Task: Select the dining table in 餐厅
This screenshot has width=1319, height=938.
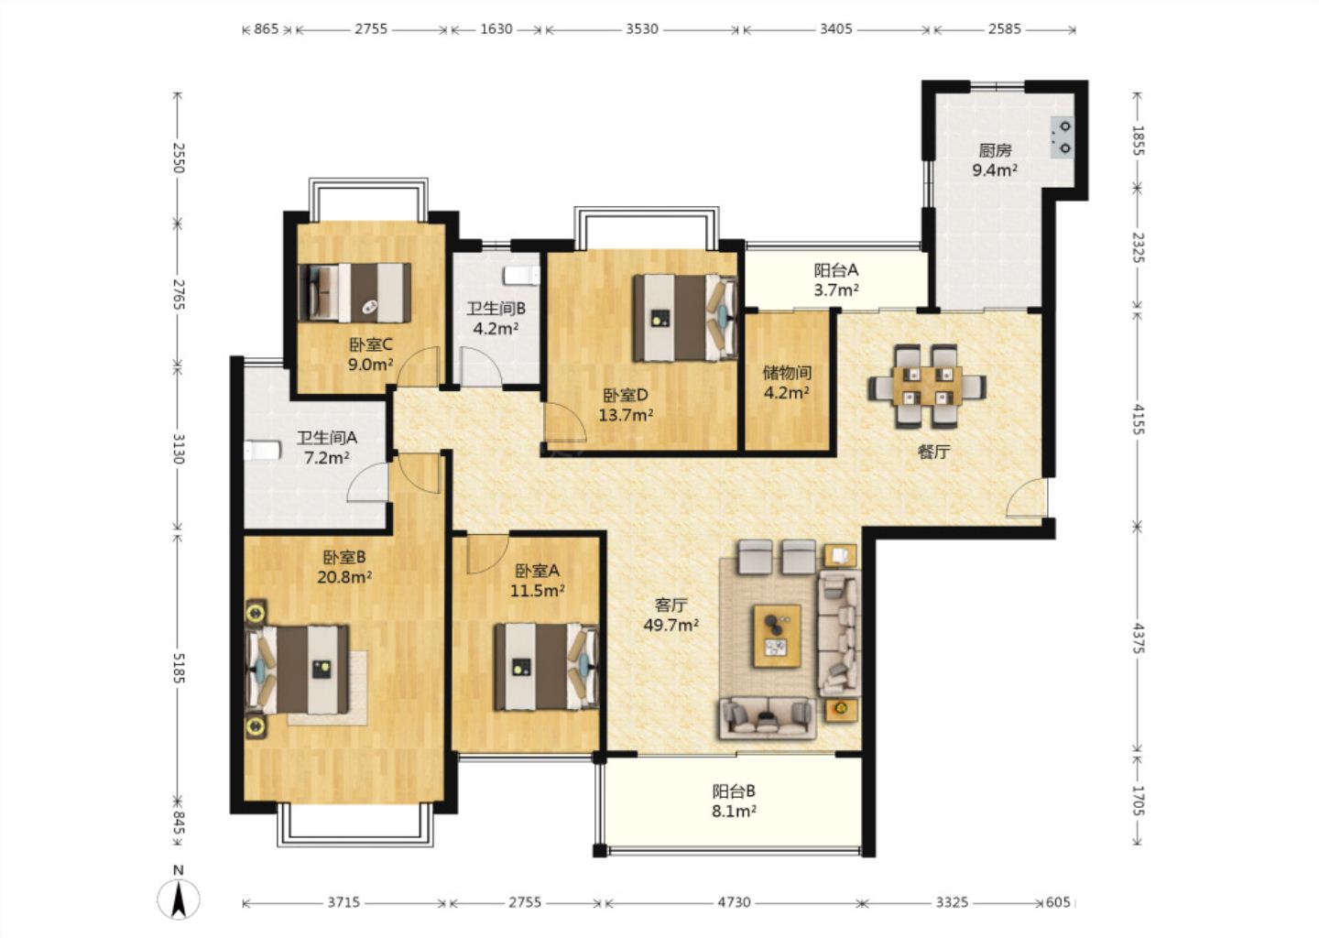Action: (927, 386)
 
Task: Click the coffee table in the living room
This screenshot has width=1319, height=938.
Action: (778, 636)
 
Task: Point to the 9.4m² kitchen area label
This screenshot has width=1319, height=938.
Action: (995, 170)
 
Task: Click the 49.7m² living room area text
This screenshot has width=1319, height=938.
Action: (670, 625)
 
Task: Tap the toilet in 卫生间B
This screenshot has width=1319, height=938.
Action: (522, 275)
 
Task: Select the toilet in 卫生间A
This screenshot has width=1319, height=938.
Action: (263, 451)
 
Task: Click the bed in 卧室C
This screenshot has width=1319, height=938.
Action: (354, 292)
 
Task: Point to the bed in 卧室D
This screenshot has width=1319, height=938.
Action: (685, 317)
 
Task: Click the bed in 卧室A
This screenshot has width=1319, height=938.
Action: (547, 667)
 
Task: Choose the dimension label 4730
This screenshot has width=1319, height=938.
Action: (734, 902)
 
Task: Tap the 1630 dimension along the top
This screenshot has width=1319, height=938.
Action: (496, 28)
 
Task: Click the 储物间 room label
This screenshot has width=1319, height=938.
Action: (787, 372)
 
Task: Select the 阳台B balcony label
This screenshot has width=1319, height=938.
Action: (734, 791)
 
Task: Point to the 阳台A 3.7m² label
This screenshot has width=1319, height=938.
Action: (836, 279)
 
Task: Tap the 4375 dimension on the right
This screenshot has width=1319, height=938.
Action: (1138, 638)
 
